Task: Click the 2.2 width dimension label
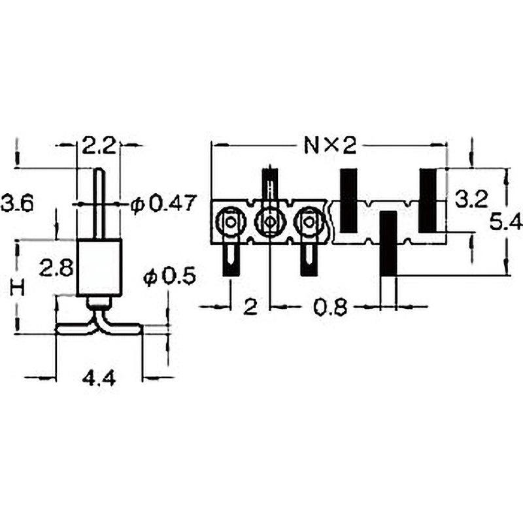[99, 146]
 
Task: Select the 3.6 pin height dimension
[18, 203]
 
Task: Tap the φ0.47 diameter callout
[162, 204]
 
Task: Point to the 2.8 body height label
[56, 269]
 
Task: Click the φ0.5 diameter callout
[169, 277]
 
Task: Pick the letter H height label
[18, 288]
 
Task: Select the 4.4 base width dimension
[99, 379]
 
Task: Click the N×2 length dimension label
[330, 146]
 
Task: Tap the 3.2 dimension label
[471, 199]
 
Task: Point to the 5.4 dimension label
[506, 222]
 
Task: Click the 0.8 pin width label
[331, 307]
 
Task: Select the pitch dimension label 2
[250, 307]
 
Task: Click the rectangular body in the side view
[99, 268]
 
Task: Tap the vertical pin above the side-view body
[99, 204]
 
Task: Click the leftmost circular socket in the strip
[231, 221]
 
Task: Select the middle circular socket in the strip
[270, 221]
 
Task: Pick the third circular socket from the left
[309, 221]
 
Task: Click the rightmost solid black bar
[428, 201]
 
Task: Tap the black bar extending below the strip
[388, 243]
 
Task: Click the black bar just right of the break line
[348, 201]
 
